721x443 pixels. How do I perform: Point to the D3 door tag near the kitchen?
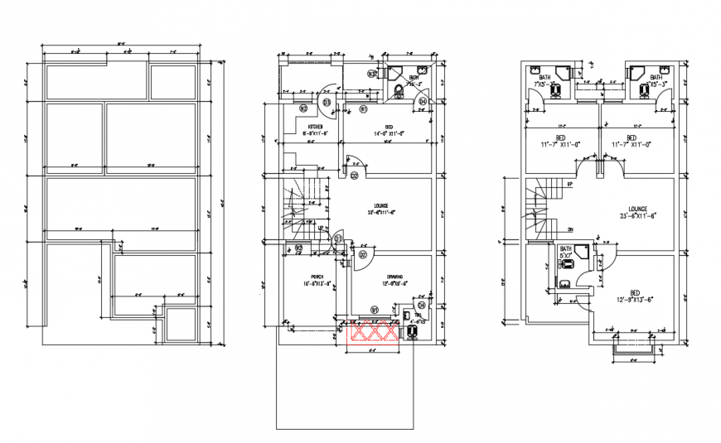coord(327,102)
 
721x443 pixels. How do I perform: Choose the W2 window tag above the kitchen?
coord(303,108)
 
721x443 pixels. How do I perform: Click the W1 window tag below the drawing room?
coord(374,310)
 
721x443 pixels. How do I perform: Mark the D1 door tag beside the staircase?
coord(338,238)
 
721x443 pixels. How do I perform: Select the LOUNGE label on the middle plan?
coord(380,209)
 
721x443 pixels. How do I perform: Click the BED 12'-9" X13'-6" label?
coord(633,296)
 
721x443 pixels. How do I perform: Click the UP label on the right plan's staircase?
coord(570,184)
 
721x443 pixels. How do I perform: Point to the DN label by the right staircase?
coord(570,229)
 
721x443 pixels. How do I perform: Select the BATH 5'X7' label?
coord(565,252)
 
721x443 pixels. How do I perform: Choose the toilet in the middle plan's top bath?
coord(399,89)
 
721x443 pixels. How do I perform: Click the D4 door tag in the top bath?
coord(422,102)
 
